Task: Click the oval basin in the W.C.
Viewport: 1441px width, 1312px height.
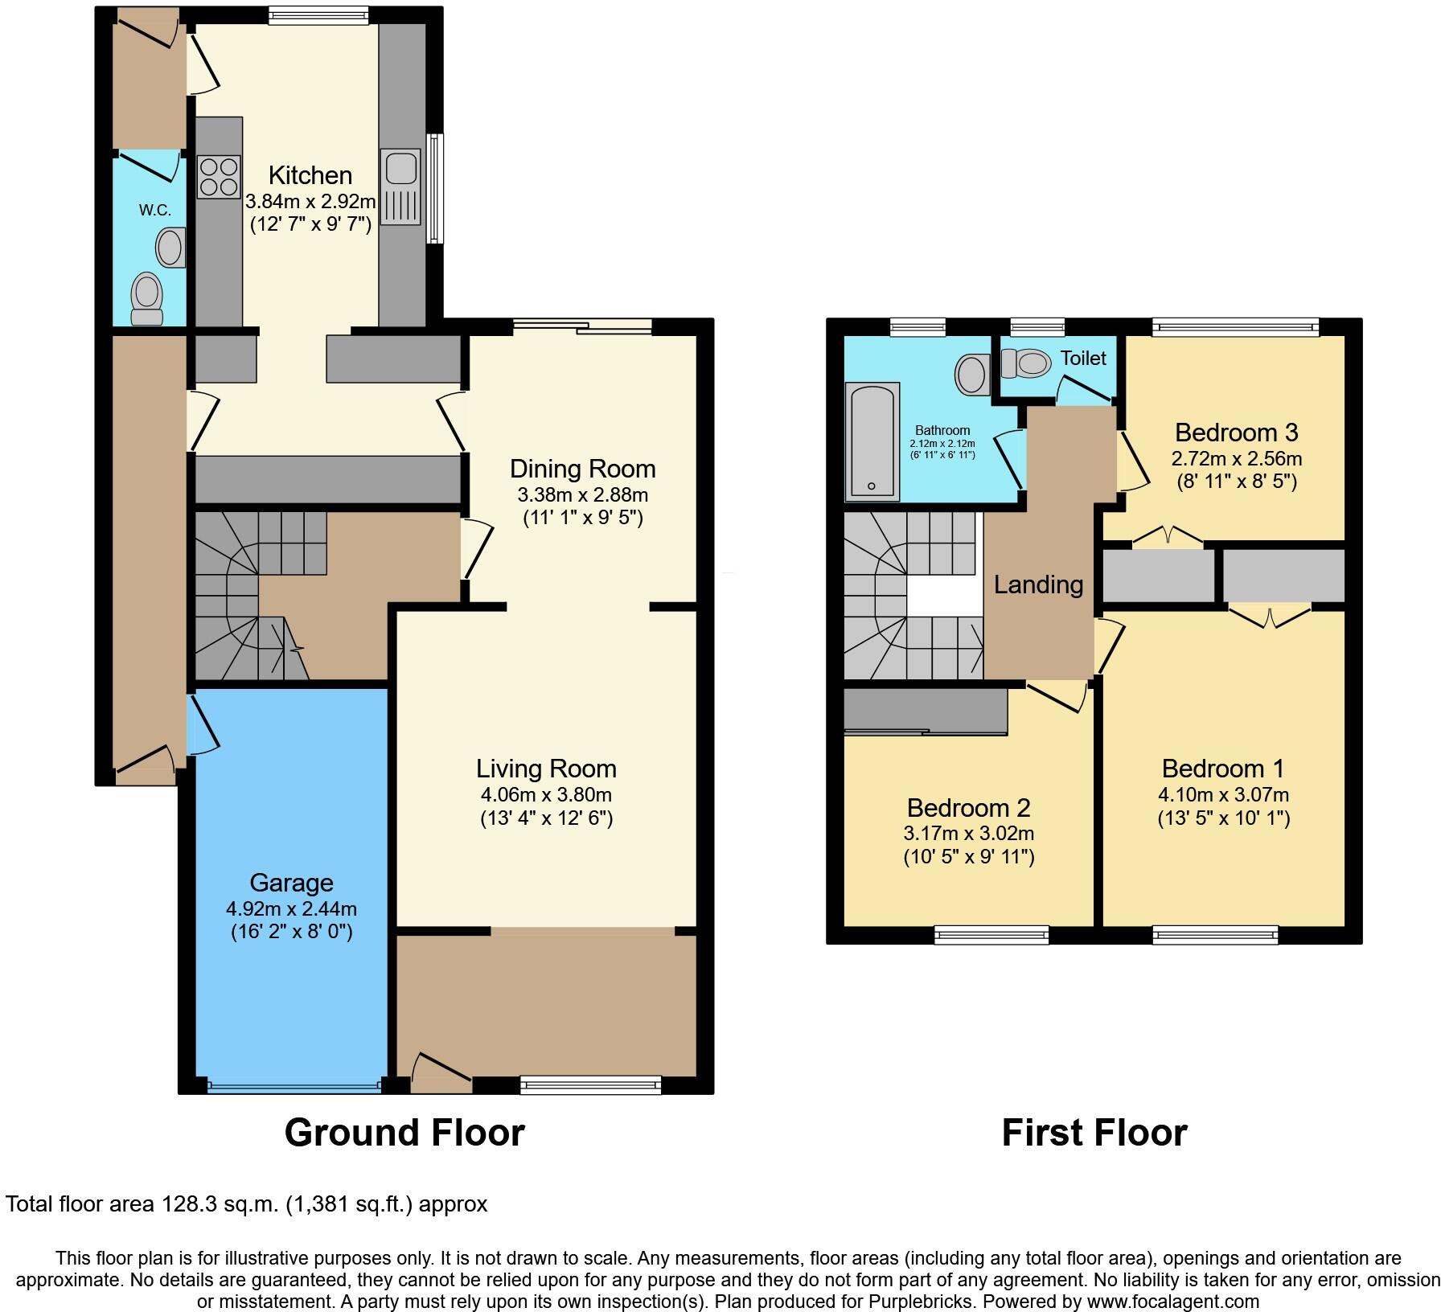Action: point(170,248)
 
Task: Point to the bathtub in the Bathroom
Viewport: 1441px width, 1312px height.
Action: point(872,441)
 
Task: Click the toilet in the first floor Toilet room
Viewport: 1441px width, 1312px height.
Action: point(1027,363)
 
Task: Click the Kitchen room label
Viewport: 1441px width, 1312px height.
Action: point(310,175)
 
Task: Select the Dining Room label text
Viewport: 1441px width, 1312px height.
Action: point(583,469)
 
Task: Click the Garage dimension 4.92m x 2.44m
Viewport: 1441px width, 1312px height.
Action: point(291,909)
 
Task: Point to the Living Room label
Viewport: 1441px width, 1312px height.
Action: point(546,769)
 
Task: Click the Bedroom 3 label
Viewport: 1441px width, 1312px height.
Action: point(1236,433)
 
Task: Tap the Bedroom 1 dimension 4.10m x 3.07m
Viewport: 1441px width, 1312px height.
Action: point(1223,795)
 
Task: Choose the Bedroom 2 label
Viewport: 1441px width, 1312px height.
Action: point(968,807)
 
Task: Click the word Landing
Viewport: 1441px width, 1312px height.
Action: point(1038,584)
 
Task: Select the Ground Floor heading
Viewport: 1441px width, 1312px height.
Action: point(404,1133)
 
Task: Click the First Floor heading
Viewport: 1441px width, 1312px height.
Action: point(1094,1133)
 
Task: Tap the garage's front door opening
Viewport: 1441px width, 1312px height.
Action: point(294,1086)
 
